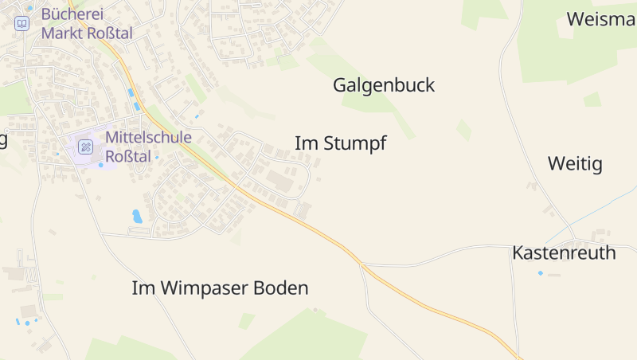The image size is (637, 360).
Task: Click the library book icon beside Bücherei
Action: point(21,23)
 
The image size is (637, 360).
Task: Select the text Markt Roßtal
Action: point(87,33)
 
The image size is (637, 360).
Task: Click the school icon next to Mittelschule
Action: point(86,147)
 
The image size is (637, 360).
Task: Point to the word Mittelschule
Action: point(148,137)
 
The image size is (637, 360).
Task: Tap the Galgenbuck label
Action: point(384,85)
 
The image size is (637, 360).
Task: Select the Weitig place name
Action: point(575,165)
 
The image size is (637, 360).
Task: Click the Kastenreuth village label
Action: point(564,253)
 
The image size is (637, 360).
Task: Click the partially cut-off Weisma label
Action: point(601,19)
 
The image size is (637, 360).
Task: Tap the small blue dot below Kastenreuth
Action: point(541,273)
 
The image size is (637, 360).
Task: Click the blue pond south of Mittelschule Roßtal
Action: point(137,216)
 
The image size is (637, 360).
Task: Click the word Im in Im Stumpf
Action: point(303,143)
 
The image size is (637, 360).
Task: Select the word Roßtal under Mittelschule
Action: point(128,156)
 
